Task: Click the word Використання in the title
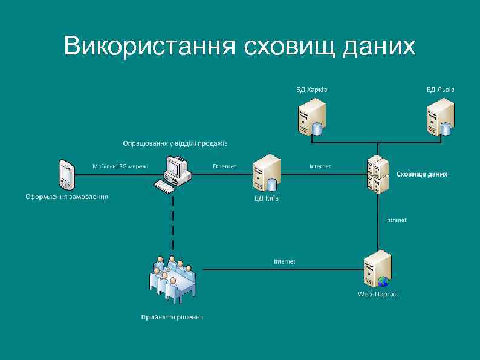pyautogui.click(x=149, y=45)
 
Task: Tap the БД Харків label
pyautogui.click(x=312, y=90)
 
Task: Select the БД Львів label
pyautogui.click(x=441, y=90)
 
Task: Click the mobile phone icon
pyautogui.click(x=66, y=175)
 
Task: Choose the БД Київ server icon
pyautogui.click(x=267, y=174)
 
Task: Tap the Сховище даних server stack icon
pyautogui.click(x=377, y=174)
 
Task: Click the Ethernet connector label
pyautogui.click(x=224, y=166)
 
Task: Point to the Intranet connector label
pyautogui.click(x=396, y=220)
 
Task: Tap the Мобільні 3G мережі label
pyautogui.click(x=120, y=166)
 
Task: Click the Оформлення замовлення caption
pyautogui.click(x=66, y=197)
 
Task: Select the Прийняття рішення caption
pyautogui.click(x=172, y=316)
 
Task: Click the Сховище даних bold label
pyautogui.click(x=422, y=174)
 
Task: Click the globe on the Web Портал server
pyautogui.click(x=383, y=281)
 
